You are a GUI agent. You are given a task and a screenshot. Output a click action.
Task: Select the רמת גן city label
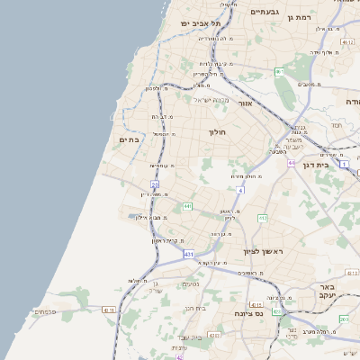(x=320, y=17)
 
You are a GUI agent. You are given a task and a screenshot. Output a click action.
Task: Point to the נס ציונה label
(x=247, y=313)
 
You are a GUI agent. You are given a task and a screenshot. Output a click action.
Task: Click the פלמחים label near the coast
(x=45, y=312)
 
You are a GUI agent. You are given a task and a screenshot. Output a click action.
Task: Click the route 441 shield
(x=187, y=207)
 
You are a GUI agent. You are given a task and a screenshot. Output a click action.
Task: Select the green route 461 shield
(x=280, y=72)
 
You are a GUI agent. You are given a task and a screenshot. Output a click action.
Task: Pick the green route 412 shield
(x=263, y=219)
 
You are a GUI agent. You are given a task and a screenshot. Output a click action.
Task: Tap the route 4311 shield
(x=109, y=310)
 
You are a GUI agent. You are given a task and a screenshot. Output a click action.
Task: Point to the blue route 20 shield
(x=155, y=185)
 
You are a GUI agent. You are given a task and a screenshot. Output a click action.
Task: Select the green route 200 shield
(x=344, y=319)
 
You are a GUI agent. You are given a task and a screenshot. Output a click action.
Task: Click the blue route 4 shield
(x=240, y=191)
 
